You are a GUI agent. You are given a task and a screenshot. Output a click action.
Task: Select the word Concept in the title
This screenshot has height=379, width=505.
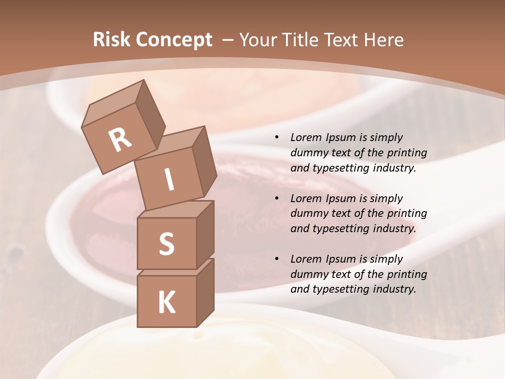[174, 40]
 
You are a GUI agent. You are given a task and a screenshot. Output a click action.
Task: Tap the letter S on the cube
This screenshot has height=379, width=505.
[166, 244]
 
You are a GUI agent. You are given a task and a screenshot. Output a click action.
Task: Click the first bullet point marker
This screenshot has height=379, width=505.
[277, 138]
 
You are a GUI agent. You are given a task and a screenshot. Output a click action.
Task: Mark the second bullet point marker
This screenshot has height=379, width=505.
[277, 199]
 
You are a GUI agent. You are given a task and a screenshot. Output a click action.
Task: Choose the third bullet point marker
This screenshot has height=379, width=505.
[277, 260]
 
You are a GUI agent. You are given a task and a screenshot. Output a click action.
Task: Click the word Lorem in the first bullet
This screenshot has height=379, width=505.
[306, 138]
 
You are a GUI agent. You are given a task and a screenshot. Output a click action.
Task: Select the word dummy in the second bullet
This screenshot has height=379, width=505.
[308, 214]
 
